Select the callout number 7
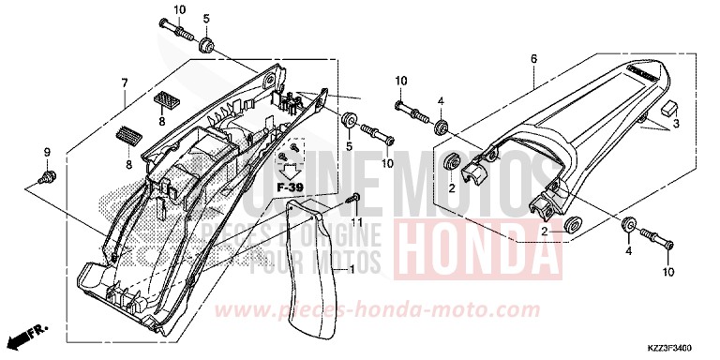point(124,83)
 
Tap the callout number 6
point(533,59)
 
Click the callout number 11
point(355,221)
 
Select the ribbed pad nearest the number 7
point(165,97)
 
